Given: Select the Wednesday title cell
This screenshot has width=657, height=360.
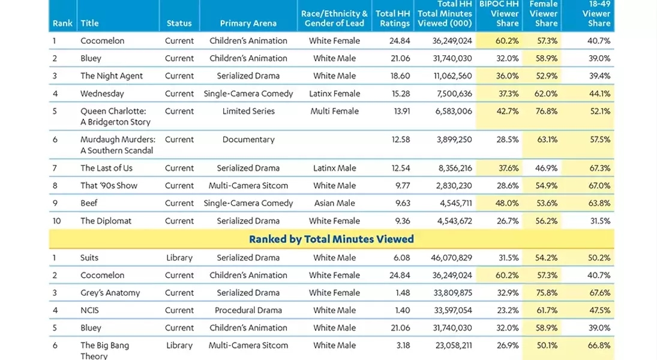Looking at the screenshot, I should pos(102,94).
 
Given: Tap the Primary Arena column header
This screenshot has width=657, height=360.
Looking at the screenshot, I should pos(248,23).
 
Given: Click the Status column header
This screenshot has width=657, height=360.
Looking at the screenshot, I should pos(179,23).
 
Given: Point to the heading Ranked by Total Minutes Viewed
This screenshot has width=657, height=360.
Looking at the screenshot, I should pos(331,239).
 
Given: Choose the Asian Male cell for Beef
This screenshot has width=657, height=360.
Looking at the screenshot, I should pos(334,203).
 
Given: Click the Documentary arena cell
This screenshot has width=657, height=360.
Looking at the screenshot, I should pos(248,140).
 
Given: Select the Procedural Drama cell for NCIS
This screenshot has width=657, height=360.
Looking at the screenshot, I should pos(248,310).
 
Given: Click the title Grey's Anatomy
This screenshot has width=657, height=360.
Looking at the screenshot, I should pos(110,293).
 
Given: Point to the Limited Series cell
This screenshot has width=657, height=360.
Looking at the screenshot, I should pos(248,111).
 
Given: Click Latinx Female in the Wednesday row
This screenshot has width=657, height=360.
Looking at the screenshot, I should pos(334,94).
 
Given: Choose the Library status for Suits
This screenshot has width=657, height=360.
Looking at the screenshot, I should pos(179,258).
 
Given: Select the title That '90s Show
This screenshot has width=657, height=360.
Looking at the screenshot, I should pos(109,186).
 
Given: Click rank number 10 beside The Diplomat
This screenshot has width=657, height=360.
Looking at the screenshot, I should pos(57,221).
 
